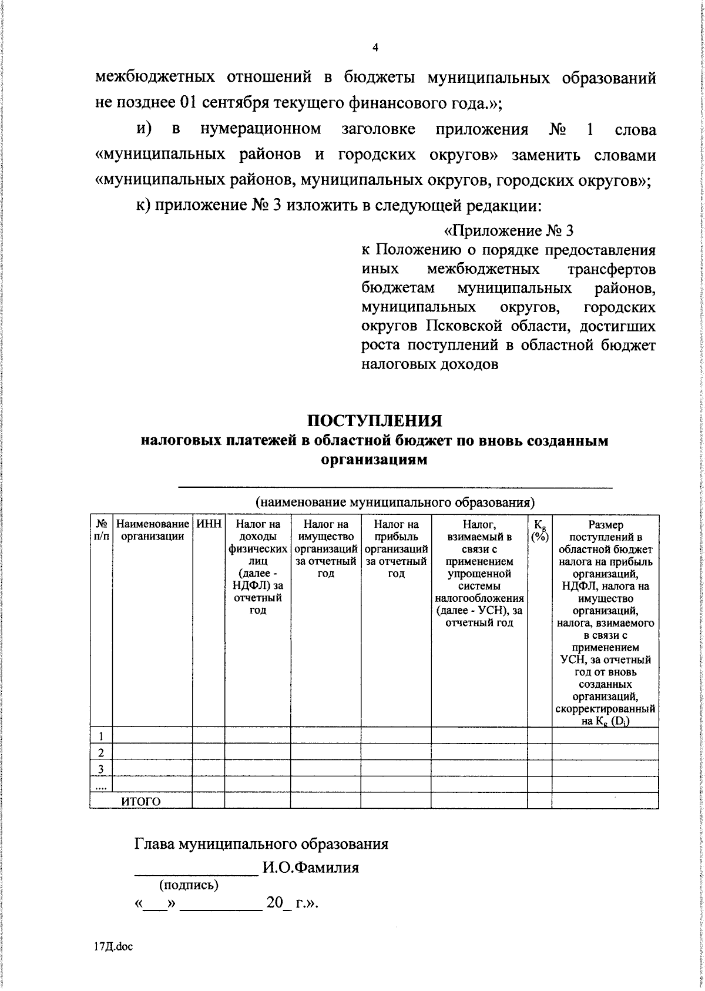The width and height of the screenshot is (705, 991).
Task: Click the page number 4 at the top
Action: [375, 48]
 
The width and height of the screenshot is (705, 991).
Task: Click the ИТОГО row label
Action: [141, 801]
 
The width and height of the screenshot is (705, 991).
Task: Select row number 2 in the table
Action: [101, 752]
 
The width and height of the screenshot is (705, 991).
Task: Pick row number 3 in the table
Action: [101, 768]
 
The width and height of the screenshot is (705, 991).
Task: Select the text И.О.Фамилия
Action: [310, 884]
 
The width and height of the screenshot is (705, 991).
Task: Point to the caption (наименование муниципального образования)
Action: [394, 503]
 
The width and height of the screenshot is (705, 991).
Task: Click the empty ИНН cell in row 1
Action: [209, 735]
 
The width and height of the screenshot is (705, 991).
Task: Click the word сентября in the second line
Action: [236, 103]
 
